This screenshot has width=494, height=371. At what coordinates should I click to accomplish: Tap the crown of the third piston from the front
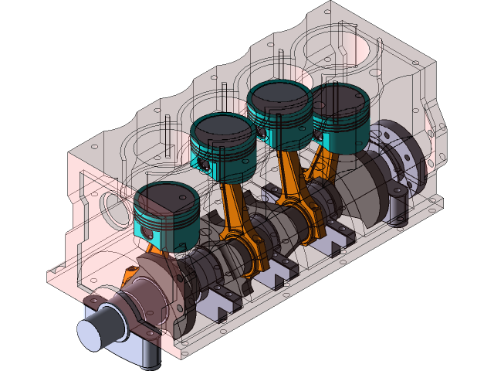(279, 94)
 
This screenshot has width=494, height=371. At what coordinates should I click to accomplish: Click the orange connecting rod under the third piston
(293, 185)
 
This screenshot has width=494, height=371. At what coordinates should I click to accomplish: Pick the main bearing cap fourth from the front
(336, 236)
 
